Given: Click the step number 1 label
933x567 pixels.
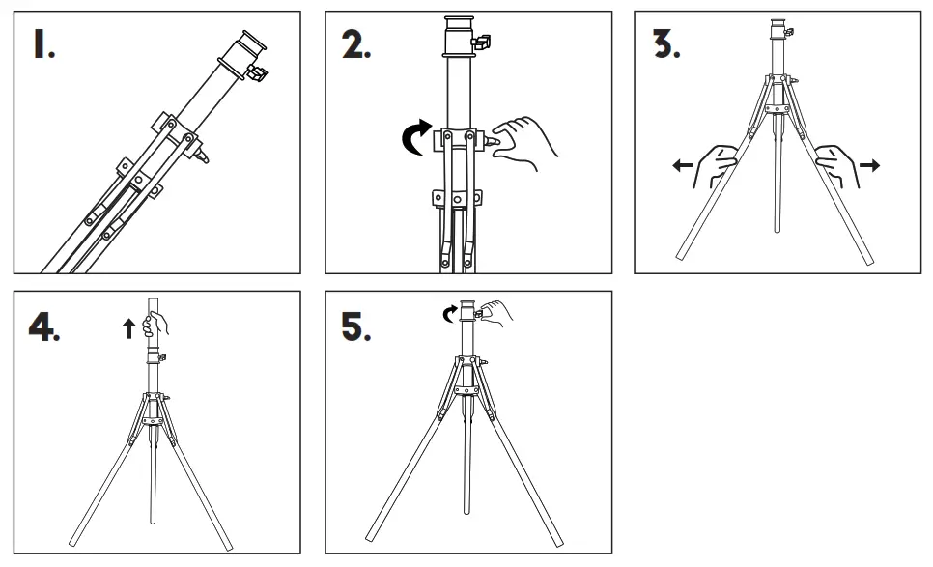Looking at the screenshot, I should (x=43, y=45).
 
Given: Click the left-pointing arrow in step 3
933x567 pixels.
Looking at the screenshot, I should (x=683, y=166).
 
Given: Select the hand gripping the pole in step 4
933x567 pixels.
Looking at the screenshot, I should (x=154, y=326).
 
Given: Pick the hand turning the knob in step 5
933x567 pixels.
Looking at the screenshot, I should (x=492, y=312).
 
